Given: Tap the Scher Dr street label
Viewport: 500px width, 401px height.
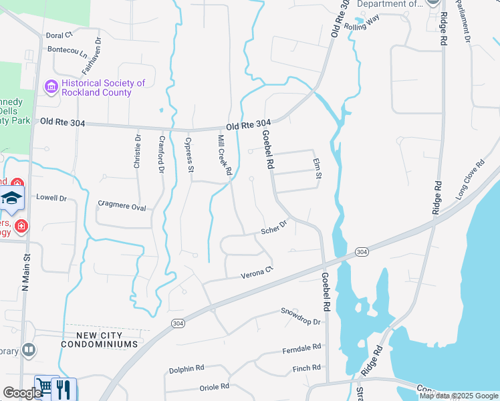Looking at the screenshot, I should tap(273, 228).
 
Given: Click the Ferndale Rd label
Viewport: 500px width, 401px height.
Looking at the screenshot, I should tap(301, 349).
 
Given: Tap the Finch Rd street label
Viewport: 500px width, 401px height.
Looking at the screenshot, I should tap(307, 368).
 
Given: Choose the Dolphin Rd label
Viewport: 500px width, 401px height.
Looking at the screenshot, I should tap(186, 368).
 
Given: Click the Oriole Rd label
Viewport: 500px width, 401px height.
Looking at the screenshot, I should tap(214, 387).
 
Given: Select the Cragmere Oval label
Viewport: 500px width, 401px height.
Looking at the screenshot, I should tap(122, 207).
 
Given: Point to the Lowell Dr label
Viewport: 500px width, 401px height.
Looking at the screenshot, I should tap(51, 198).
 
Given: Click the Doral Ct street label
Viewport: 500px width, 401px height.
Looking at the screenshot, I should tap(59, 35).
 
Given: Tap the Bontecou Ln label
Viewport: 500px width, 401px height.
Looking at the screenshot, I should tap(67, 50).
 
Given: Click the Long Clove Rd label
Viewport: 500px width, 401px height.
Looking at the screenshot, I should tap(471, 180).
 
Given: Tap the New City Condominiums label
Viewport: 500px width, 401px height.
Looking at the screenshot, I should tap(99, 339).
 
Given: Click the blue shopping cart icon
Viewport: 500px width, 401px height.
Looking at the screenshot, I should tap(44, 388).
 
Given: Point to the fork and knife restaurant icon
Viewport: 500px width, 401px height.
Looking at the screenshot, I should tap(64, 389).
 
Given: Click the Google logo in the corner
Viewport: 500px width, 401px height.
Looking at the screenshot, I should tap(21, 393).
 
